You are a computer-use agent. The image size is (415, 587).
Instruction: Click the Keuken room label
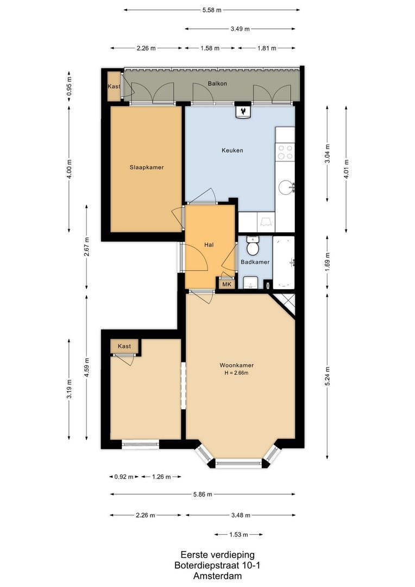232,151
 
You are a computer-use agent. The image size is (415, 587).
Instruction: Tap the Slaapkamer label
147,167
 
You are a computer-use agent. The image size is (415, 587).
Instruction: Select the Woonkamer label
236,365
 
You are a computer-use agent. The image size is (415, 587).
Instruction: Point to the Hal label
209,245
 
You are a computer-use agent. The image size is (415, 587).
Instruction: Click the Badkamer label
255,262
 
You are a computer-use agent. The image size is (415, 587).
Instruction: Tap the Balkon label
217,84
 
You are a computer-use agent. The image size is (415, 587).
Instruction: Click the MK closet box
227,284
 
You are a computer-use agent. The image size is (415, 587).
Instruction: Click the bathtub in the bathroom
284,263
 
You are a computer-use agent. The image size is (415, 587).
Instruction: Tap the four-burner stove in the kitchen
285,152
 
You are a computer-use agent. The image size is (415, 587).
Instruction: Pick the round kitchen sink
286,188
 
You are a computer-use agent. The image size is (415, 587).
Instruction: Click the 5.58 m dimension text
212,10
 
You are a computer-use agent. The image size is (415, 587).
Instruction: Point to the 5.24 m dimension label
328,377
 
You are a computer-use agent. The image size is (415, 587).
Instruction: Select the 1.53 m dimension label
238,535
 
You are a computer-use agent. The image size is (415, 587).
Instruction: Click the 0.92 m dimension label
124,477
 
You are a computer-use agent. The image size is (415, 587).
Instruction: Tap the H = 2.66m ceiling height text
236,373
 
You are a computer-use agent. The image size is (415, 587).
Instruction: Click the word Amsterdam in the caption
217,576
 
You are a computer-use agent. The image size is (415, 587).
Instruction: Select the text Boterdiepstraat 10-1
217,565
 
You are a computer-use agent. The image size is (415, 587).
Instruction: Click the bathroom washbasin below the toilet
250,283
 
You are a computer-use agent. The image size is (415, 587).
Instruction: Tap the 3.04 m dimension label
328,154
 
